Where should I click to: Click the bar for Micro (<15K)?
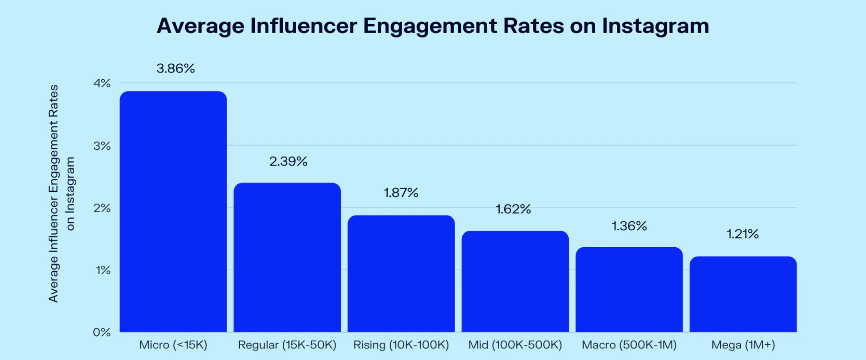click(x=173, y=211)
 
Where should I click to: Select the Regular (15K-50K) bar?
click(x=287, y=257)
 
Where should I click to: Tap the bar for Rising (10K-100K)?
click(x=401, y=274)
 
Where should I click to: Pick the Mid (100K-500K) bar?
click(x=515, y=281)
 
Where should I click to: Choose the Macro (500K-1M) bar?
click(x=629, y=289)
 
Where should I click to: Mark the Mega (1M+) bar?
click(x=743, y=294)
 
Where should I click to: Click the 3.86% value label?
click(x=176, y=69)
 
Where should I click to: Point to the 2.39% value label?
click(x=288, y=161)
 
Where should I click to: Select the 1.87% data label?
click(x=401, y=193)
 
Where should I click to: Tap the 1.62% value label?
click(x=513, y=209)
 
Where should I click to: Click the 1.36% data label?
click(x=629, y=226)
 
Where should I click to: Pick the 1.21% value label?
click(x=742, y=234)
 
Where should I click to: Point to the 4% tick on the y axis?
click(x=102, y=84)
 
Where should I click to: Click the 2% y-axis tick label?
click(x=102, y=208)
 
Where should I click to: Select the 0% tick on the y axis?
click(x=102, y=332)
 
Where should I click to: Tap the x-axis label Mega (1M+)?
click(x=743, y=345)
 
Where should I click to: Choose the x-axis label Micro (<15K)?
click(x=173, y=345)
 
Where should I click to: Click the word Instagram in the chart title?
click(x=655, y=26)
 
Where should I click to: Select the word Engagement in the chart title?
click(x=430, y=26)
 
